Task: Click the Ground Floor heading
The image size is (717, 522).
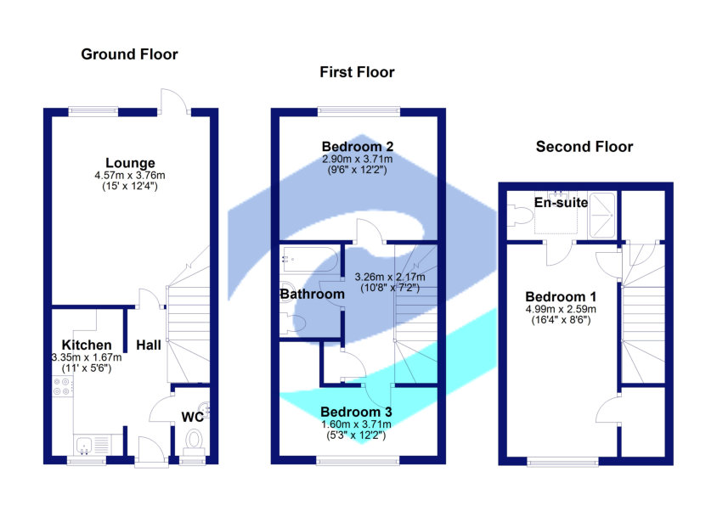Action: click(x=129, y=54)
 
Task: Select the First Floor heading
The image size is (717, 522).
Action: click(x=357, y=72)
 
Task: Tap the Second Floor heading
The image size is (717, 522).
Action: click(x=584, y=147)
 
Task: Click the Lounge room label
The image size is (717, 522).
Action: click(x=130, y=163)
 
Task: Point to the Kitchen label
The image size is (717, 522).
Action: click(x=86, y=345)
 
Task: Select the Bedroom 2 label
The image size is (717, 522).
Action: click(x=357, y=145)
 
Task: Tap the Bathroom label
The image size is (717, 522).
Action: click(x=313, y=295)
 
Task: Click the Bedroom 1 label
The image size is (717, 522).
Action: click(x=561, y=296)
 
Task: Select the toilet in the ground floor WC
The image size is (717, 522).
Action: click(x=193, y=441)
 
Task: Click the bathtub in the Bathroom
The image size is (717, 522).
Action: click(x=309, y=257)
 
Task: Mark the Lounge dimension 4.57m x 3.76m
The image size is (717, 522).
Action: click(x=130, y=176)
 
